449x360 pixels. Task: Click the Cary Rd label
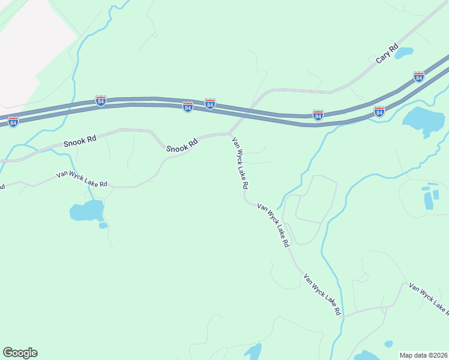click(x=387, y=53)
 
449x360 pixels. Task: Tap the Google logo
click(x=20, y=353)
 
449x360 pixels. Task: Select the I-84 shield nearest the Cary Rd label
click(x=419, y=77)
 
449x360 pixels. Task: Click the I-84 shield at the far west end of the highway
click(x=13, y=122)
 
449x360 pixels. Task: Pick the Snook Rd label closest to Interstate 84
click(x=182, y=146)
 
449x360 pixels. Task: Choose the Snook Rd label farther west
click(x=80, y=142)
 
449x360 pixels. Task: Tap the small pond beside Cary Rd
click(x=403, y=53)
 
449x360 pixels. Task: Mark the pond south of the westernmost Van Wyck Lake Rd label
click(x=86, y=211)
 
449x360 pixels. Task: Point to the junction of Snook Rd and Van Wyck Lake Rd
click(x=230, y=133)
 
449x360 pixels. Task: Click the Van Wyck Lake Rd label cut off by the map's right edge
click(x=429, y=298)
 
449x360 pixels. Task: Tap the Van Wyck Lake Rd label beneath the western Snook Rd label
click(x=82, y=179)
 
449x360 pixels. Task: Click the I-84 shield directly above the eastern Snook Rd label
click(x=187, y=107)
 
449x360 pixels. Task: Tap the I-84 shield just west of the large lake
click(x=379, y=112)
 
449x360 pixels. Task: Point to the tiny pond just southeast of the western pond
click(x=103, y=226)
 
